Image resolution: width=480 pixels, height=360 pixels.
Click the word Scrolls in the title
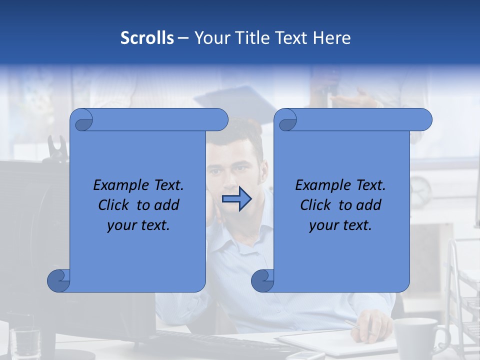coord(147,38)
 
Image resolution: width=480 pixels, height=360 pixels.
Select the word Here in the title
coord(331,38)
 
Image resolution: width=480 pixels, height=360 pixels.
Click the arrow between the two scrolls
coord(236,199)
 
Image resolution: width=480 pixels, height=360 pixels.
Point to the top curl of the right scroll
coord(286,120)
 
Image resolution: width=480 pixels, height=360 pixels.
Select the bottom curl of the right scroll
coord(262,280)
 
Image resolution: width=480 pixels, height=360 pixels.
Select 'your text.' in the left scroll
coord(138,225)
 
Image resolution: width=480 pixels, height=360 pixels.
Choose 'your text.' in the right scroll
coord(340,225)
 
